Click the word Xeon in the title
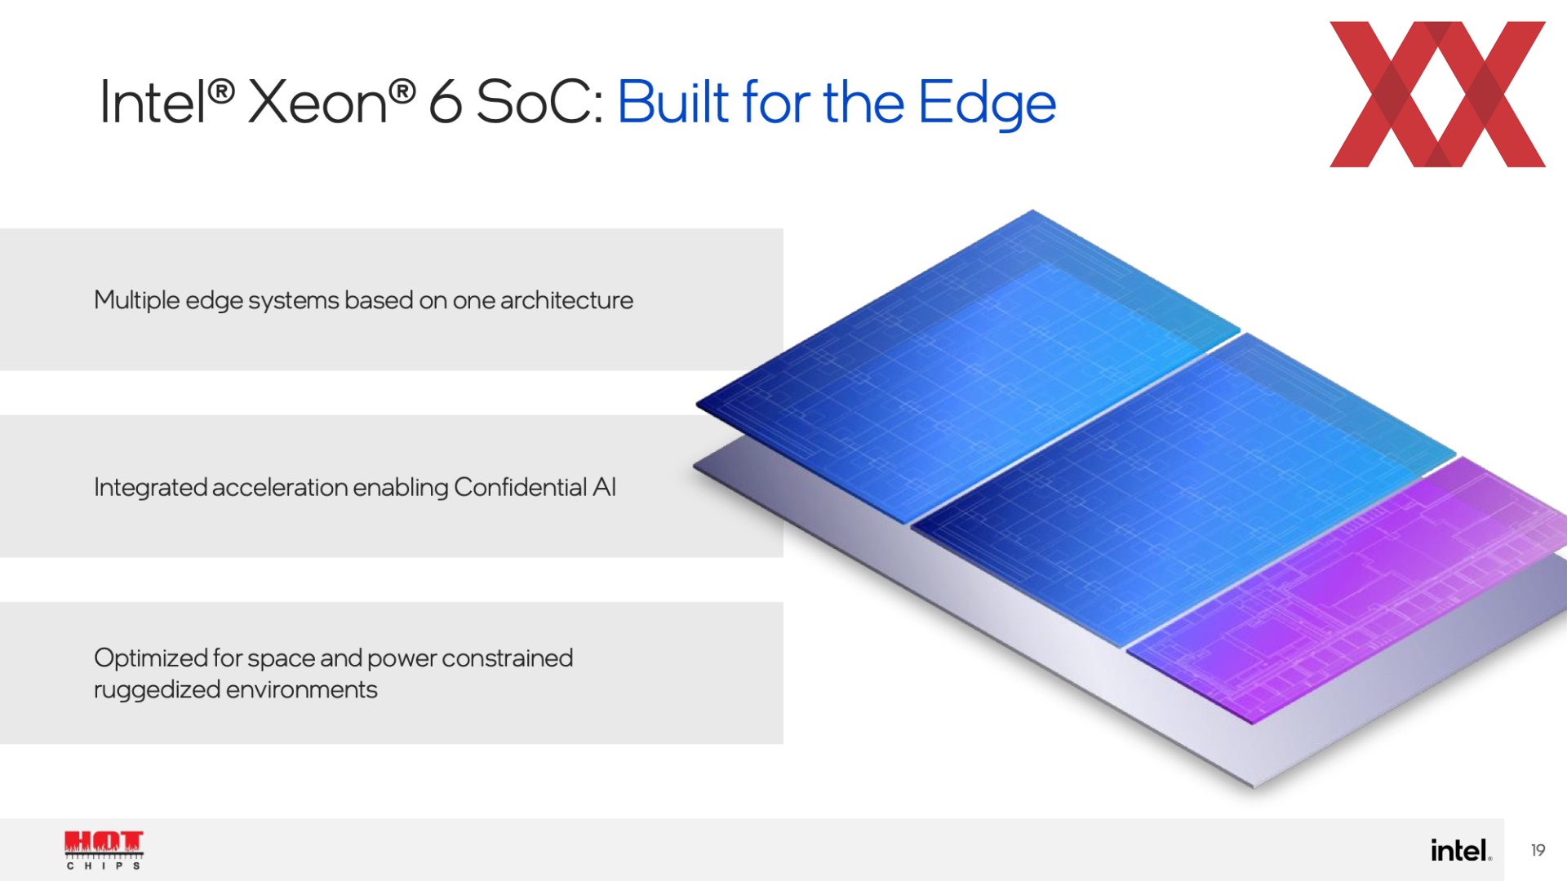point(317,102)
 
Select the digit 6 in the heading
point(446,102)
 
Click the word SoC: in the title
point(539,102)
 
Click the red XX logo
point(1437,95)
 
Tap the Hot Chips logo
point(104,850)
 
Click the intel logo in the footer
point(1461,850)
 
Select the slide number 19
point(1538,850)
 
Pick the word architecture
point(566,300)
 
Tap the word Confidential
point(520,487)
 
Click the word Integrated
point(150,488)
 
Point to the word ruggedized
point(158,690)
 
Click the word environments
point(302,690)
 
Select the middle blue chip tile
point(1183,489)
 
